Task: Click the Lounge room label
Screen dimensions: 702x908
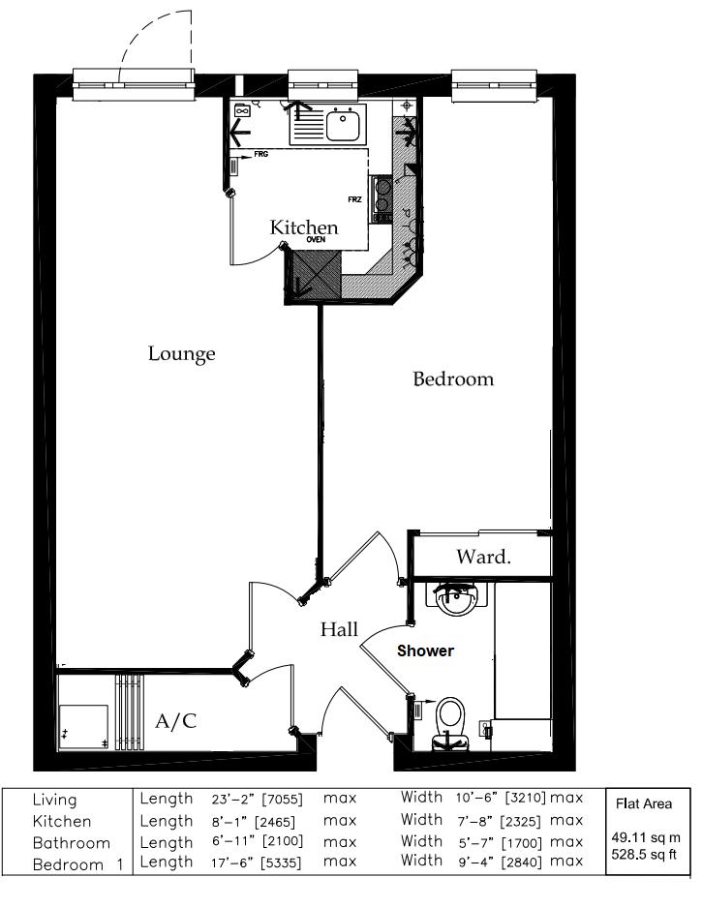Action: click(x=182, y=354)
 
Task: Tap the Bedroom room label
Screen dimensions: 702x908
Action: click(x=453, y=379)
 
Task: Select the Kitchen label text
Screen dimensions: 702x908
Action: click(x=304, y=227)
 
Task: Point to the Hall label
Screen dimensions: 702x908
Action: click(x=340, y=629)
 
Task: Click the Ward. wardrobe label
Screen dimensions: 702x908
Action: click(x=483, y=557)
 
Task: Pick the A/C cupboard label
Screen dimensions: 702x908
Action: click(x=176, y=721)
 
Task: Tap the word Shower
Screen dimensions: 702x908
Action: click(x=426, y=651)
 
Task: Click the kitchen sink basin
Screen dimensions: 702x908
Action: click(x=344, y=126)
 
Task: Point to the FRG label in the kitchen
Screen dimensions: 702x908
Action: click(x=261, y=155)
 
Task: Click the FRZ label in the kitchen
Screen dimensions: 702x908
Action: click(x=355, y=199)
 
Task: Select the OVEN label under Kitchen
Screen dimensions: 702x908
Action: click(x=316, y=240)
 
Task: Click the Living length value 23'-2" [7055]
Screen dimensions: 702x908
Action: click(x=258, y=800)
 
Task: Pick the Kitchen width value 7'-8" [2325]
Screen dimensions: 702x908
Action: click(x=498, y=821)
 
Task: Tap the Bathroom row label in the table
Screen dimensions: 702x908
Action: click(x=72, y=843)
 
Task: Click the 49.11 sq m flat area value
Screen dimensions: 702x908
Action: click(x=646, y=837)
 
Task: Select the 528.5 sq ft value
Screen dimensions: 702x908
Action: click(x=644, y=854)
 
